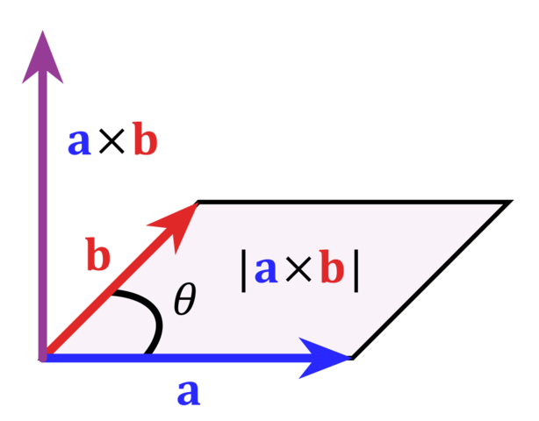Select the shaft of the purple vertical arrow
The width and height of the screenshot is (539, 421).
[42, 219]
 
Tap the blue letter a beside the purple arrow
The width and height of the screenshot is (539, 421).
[79, 141]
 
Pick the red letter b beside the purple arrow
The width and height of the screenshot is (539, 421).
[145, 140]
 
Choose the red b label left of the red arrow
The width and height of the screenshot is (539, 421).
[97, 256]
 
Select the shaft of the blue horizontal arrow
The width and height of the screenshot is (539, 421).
[176, 358]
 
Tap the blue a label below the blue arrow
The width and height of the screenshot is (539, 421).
[188, 392]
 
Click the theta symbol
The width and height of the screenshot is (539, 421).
[184, 301]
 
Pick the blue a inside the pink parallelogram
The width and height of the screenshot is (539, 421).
[266, 270]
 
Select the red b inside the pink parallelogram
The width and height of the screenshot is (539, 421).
[331, 269]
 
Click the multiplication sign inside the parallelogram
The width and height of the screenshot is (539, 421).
[298, 270]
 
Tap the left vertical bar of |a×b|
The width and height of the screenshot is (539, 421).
[243, 270]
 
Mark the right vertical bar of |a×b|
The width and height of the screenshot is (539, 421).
[356, 270]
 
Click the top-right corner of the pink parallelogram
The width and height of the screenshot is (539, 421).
[499, 206]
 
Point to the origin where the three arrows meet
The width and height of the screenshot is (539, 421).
[43, 357]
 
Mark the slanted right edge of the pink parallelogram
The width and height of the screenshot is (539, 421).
[426, 281]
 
